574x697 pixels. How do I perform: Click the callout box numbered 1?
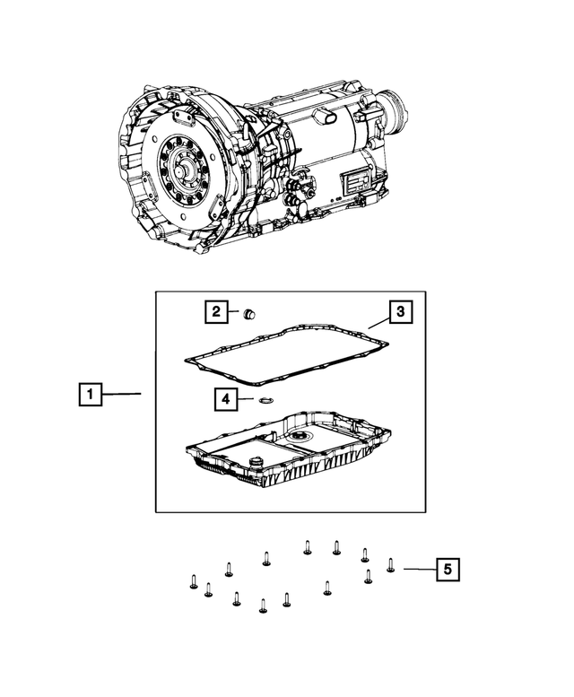pos(91,394)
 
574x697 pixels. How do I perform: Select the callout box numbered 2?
pos(216,311)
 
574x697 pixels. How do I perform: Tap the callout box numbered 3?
pos(400,311)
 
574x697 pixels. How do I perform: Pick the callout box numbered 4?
pos(226,399)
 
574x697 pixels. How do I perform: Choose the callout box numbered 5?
pos(448,569)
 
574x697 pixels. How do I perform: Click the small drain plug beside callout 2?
pos(249,314)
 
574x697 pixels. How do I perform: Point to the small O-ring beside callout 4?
pos(265,401)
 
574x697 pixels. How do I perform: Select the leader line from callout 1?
pos(121,394)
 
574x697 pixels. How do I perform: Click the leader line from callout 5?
pos(420,569)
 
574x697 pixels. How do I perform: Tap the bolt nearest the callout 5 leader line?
pos(390,565)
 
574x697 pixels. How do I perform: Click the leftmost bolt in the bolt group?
pos(193,581)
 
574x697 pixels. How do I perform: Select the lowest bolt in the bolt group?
pos(263,606)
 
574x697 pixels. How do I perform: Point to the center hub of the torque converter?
pos(182,170)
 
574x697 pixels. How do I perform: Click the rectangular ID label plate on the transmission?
pos(355,183)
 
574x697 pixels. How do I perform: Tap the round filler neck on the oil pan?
pos(256,463)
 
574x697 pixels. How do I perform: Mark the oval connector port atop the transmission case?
pos(327,118)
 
